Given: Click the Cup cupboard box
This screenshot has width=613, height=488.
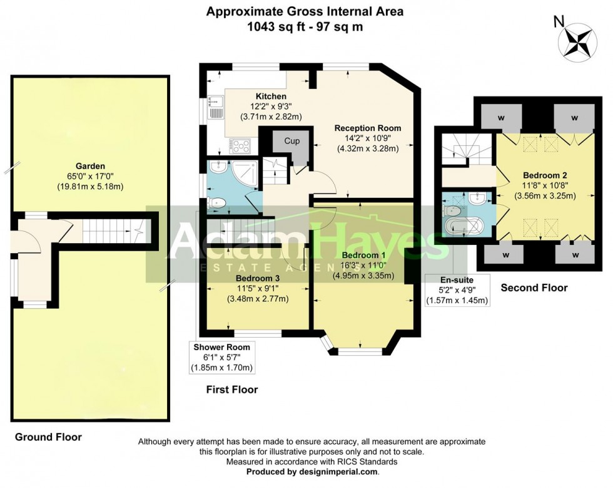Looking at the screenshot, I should (292, 142).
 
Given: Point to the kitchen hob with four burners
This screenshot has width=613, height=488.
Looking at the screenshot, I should (240, 146).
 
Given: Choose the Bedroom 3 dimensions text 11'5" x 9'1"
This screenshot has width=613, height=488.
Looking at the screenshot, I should (257, 288).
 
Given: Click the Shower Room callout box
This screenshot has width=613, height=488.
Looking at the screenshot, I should (221, 357).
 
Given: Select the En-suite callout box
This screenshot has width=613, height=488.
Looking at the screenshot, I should (456, 291).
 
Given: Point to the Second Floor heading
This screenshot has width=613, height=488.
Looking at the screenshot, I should (534, 288).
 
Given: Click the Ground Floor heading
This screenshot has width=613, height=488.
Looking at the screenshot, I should (48, 437).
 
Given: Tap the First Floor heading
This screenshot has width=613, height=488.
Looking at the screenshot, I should (232, 390).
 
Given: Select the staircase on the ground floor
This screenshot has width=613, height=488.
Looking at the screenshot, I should (110, 231).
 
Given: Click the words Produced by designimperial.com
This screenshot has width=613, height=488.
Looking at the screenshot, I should (312, 472).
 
